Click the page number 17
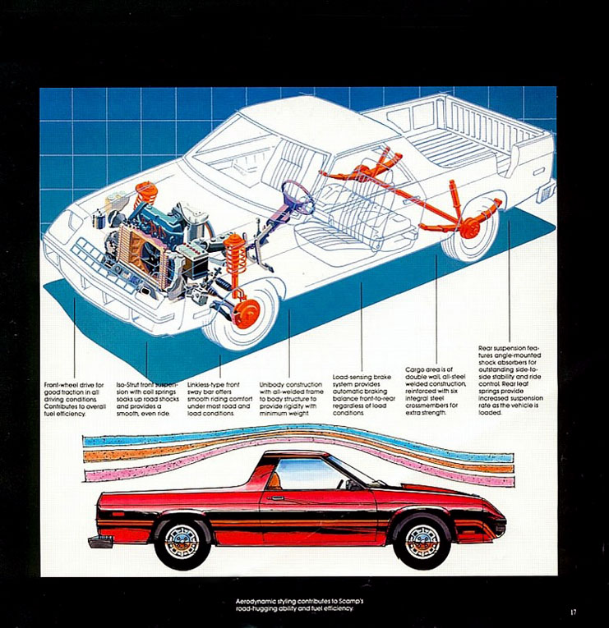pyautogui.click(x=574, y=612)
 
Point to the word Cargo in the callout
pyautogui.click(x=414, y=369)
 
